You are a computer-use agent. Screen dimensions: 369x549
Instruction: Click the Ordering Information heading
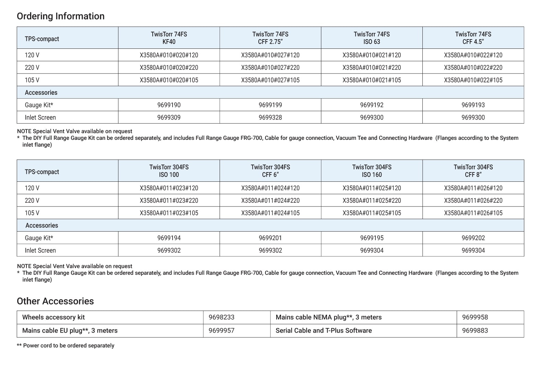[60, 16]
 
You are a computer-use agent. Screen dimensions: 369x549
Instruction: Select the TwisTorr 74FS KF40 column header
[169, 38]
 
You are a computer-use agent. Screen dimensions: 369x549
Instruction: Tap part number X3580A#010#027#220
[270, 68]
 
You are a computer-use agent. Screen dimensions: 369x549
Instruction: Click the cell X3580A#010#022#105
[473, 80]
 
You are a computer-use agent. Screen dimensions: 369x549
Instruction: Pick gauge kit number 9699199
[270, 105]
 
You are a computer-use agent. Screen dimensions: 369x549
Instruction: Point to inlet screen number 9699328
[270, 118]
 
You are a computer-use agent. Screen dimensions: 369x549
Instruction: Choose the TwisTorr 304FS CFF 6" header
[270, 171]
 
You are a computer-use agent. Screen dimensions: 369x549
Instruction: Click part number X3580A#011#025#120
[372, 188]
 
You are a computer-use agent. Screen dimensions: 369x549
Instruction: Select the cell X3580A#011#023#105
[169, 213]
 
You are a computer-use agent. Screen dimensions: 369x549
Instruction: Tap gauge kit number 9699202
[473, 238]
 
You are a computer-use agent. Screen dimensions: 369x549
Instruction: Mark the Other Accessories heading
[55, 301]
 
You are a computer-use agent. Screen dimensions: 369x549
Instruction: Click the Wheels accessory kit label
[53, 317]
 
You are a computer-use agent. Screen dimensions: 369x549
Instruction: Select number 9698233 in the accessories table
[221, 317]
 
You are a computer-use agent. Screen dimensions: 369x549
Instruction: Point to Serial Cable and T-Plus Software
[324, 331]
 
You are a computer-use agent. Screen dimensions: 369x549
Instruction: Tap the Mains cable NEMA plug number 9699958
[475, 317]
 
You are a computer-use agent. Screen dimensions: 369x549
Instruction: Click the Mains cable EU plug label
[70, 331]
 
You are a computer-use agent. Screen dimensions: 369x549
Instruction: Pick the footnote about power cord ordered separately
[66, 346]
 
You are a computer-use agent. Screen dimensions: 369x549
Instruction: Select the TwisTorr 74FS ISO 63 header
[372, 38]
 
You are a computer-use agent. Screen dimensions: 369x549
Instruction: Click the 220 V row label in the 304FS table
[32, 201]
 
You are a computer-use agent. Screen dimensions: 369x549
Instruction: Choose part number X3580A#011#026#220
[473, 201]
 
